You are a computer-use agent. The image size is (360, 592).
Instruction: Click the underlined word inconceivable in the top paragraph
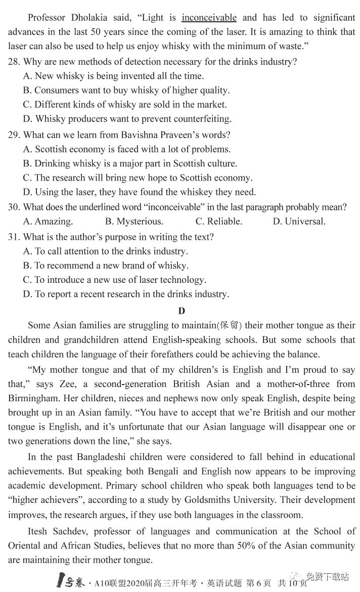coord(209,18)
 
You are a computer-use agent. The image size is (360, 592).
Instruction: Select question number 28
coord(14,62)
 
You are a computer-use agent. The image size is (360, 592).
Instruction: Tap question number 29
coord(14,135)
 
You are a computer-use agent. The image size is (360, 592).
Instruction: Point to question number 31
coord(14,237)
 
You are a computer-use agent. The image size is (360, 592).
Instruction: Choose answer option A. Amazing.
coord(48,222)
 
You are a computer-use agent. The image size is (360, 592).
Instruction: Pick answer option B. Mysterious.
coord(134,222)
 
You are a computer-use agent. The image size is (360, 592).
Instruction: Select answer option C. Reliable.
coord(218,222)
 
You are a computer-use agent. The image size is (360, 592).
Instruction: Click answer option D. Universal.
coord(299,222)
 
